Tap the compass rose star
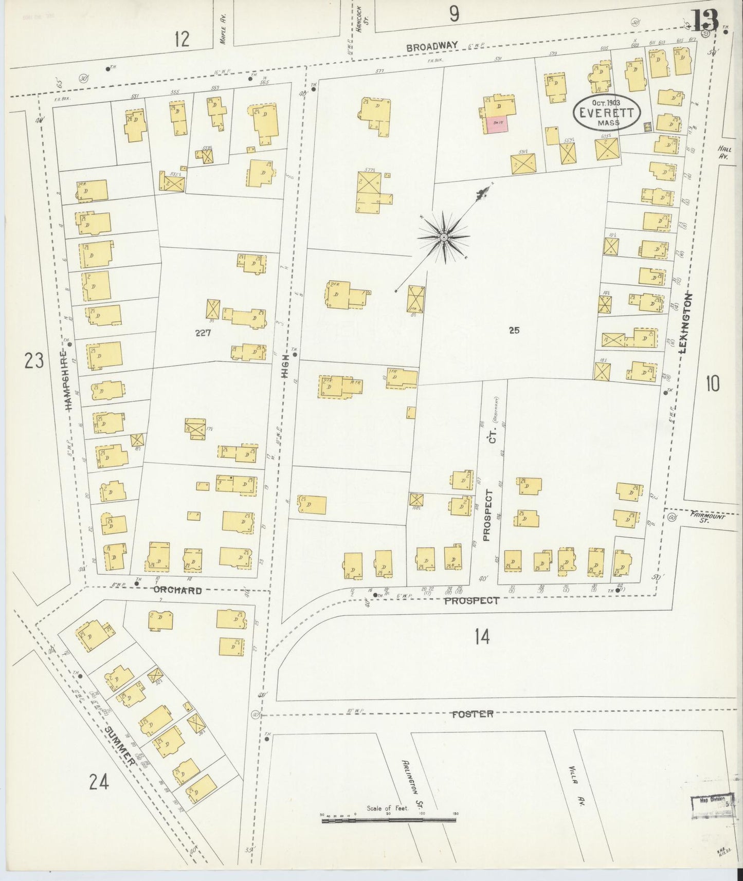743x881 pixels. coord(443,237)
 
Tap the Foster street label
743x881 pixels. coord(473,714)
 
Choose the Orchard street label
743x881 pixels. coord(177,591)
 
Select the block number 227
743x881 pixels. coord(203,333)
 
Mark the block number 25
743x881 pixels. coord(514,331)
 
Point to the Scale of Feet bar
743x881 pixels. coord(389,821)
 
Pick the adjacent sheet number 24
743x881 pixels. coord(99,782)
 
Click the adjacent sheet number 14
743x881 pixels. coord(482,637)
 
